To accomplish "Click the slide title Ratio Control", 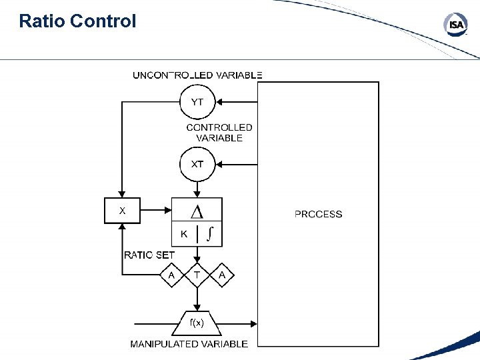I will coord(77,21).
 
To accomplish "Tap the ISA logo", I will coord(455,25).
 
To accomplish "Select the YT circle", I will coord(198,102).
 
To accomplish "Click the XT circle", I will coord(198,164).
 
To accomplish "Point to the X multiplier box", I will coord(122,211).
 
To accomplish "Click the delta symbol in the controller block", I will coord(197,211).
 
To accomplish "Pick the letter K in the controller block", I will coord(184,234).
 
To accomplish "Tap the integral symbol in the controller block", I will coord(210,233).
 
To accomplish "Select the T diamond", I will coord(197,275).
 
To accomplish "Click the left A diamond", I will coord(172,275).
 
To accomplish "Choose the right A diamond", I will coord(223,275).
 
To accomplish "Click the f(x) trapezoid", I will coord(197,323).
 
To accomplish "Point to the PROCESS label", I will coord(318,214).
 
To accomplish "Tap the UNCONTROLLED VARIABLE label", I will coord(197,75).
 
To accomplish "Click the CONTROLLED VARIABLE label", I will coord(219,132).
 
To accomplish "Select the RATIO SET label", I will coord(149,255).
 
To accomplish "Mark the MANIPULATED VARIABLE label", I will coord(189,344).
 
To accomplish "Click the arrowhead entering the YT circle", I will coord(220,102).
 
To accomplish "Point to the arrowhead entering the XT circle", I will coord(220,164).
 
